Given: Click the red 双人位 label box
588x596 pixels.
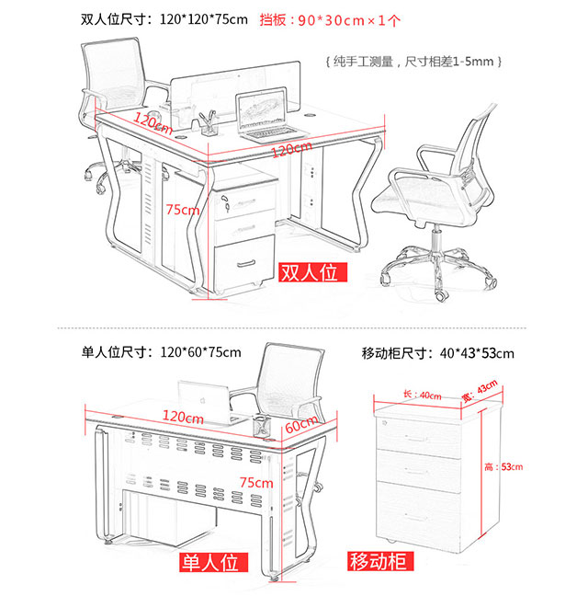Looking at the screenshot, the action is (x=312, y=272).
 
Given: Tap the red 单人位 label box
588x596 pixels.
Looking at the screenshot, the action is (x=214, y=562).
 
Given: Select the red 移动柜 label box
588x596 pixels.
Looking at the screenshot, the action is (x=380, y=561).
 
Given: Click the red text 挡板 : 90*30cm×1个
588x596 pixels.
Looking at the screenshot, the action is (x=330, y=20).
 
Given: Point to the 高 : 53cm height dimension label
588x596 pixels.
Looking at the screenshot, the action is (x=503, y=466).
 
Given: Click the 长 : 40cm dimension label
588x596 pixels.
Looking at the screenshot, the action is (x=422, y=395).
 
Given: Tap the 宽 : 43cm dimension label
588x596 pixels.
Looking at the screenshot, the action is (x=480, y=391).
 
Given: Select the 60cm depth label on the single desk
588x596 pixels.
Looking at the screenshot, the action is (x=301, y=424).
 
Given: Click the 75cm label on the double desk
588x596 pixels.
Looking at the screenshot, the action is (x=183, y=210).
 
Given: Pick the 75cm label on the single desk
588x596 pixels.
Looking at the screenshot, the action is (x=256, y=482).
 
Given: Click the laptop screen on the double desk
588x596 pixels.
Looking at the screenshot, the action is (x=261, y=109).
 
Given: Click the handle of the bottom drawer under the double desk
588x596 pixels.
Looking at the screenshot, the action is (x=246, y=263).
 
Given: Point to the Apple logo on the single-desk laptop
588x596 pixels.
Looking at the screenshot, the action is (x=203, y=400).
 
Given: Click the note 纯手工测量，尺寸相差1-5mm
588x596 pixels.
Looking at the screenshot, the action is (x=413, y=62).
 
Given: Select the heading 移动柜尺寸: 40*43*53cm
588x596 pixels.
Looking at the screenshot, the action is (x=437, y=353).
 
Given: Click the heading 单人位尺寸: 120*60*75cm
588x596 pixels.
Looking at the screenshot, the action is (x=161, y=352).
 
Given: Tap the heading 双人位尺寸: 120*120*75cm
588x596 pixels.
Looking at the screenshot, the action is (x=164, y=19).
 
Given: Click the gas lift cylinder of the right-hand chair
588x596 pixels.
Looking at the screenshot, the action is (x=436, y=238).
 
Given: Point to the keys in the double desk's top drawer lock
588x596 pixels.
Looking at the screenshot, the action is (x=225, y=202).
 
